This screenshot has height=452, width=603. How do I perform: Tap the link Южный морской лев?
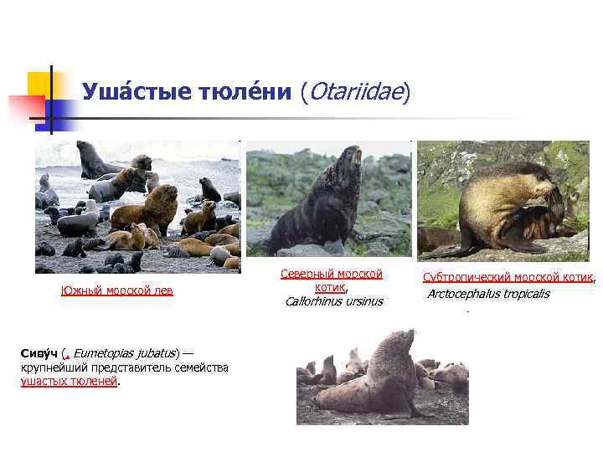116,290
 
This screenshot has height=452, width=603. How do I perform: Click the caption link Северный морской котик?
331,280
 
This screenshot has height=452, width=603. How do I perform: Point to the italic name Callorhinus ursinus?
331,301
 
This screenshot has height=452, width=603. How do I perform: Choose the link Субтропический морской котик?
508,277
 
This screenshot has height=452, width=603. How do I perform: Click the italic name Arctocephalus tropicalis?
488,294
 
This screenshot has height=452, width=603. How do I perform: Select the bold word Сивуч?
39,354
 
